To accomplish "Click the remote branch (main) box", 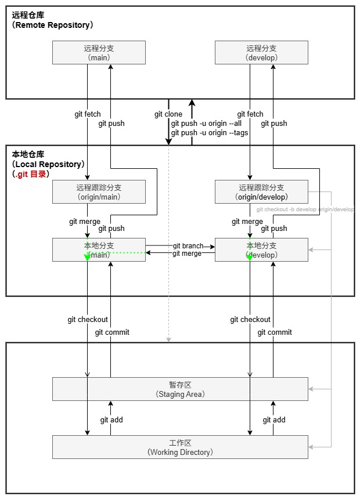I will click(x=99, y=52).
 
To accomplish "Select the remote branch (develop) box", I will click(x=261, y=52).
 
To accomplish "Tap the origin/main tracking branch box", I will click(x=99, y=191).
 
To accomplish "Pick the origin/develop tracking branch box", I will click(x=261, y=191).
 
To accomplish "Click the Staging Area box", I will click(x=180, y=389).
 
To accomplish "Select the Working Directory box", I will click(x=180, y=447).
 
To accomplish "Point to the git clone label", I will click(x=168, y=114).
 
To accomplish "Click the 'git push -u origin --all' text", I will click(x=206, y=124).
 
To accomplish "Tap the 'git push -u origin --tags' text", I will click(x=210, y=133).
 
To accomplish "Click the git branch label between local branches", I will click(x=188, y=247).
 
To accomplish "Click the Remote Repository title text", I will click(x=52, y=25).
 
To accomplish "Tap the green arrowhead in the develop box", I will click(x=250, y=256).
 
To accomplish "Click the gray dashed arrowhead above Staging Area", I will click(x=168, y=339).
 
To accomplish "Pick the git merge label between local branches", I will click(x=187, y=254).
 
